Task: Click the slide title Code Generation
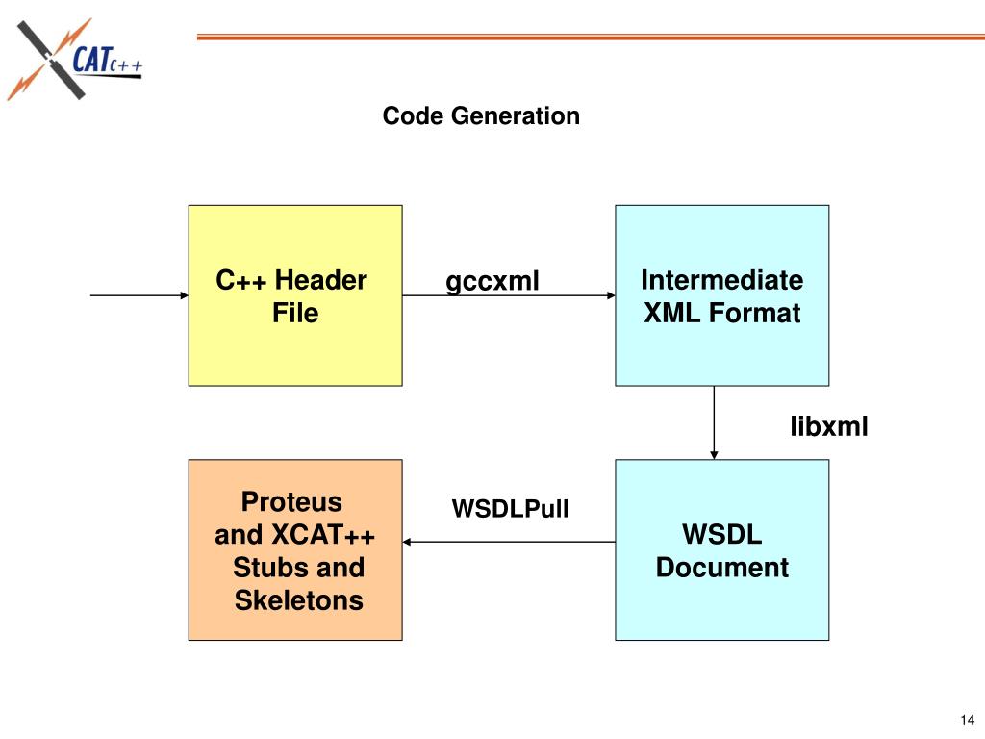pos(481,116)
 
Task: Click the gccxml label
pos(492,282)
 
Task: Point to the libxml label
pos(829,425)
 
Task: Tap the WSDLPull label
pos(511,508)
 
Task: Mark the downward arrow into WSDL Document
pos(714,422)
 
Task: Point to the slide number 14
pos(967,721)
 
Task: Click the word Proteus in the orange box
pos(291,502)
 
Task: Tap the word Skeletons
pos(299,600)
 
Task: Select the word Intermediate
pos(721,281)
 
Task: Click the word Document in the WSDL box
pos(721,568)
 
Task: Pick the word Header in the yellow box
pos(320,281)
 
